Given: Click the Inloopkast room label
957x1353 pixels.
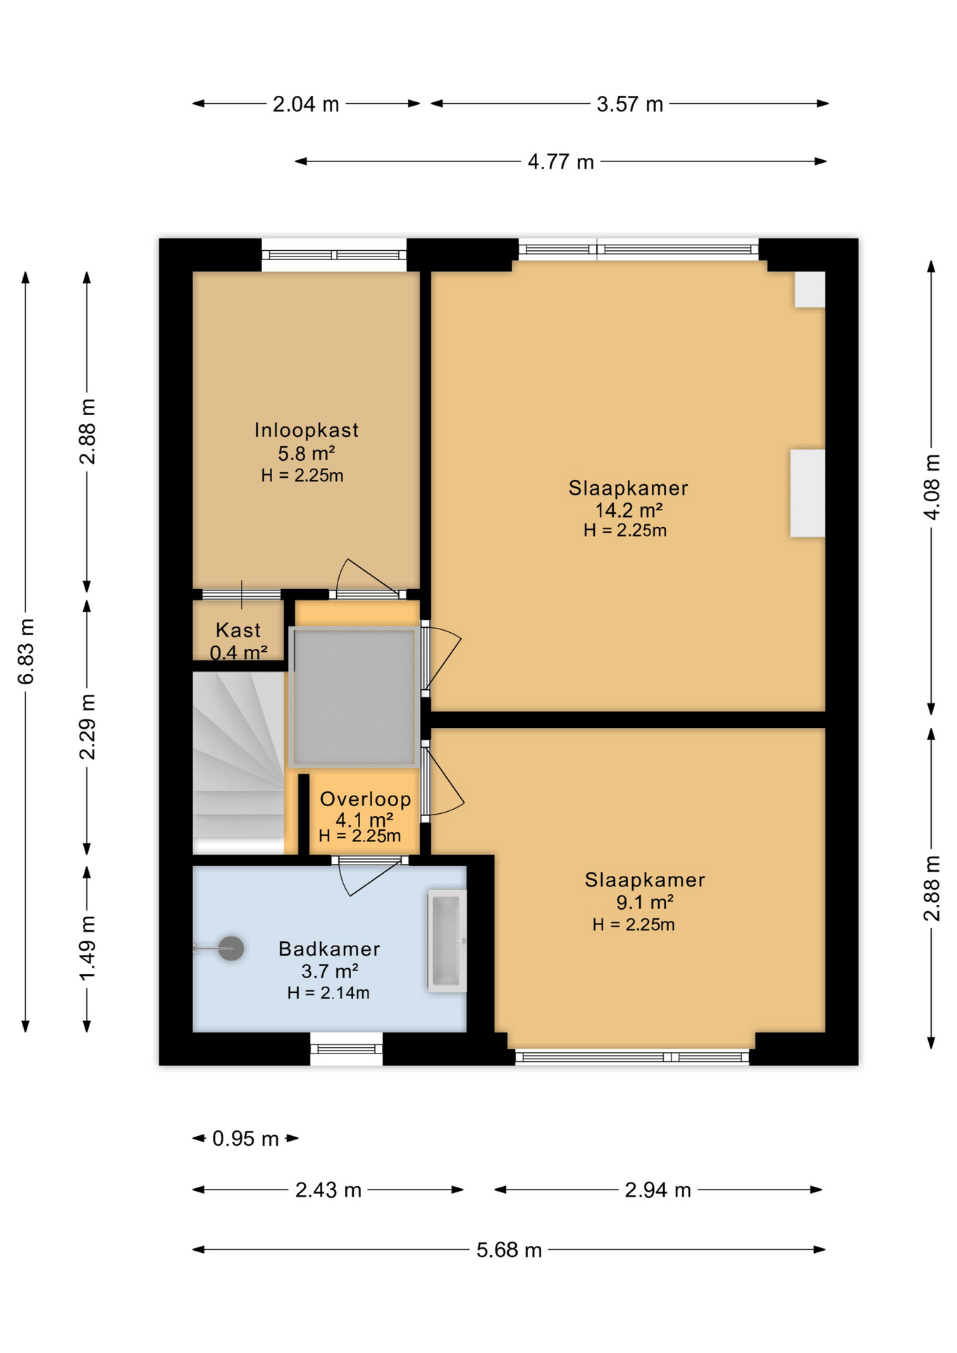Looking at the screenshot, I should pyautogui.click(x=306, y=430).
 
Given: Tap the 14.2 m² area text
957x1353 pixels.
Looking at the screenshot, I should pyautogui.click(x=628, y=509).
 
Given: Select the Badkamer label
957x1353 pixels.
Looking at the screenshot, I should pyautogui.click(x=329, y=949).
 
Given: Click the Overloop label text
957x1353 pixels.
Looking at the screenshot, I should pyautogui.click(x=365, y=799).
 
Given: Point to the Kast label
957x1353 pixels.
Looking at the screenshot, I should pyautogui.click(x=238, y=629).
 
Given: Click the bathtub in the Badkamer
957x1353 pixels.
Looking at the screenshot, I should pyautogui.click(x=447, y=941).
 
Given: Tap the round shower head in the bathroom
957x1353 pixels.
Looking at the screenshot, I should pyautogui.click(x=230, y=949).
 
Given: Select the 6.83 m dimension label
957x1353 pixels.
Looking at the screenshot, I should pyautogui.click(x=26, y=651).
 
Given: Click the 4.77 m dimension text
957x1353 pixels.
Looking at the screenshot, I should pyautogui.click(x=561, y=162).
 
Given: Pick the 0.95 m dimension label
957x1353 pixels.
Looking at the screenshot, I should pyautogui.click(x=245, y=1139).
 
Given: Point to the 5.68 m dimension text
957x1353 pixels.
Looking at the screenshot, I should pyautogui.click(x=509, y=1250).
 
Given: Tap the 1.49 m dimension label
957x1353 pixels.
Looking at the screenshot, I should pyautogui.click(x=87, y=947).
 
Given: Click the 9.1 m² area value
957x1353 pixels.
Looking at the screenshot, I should pyautogui.click(x=644, y=902).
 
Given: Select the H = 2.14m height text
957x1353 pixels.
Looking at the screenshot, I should pyautogui.click(x=328, y=993).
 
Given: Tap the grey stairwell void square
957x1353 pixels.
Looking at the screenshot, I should pyautogui.click(x=354, y=697).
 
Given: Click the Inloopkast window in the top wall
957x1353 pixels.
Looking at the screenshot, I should pyautogui.click(x=334, y=255).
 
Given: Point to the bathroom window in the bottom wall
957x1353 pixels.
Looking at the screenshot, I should pyautogui.click(x=346, y=1049).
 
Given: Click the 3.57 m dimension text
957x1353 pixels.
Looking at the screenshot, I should pyautogui.click(x=629, y=104).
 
